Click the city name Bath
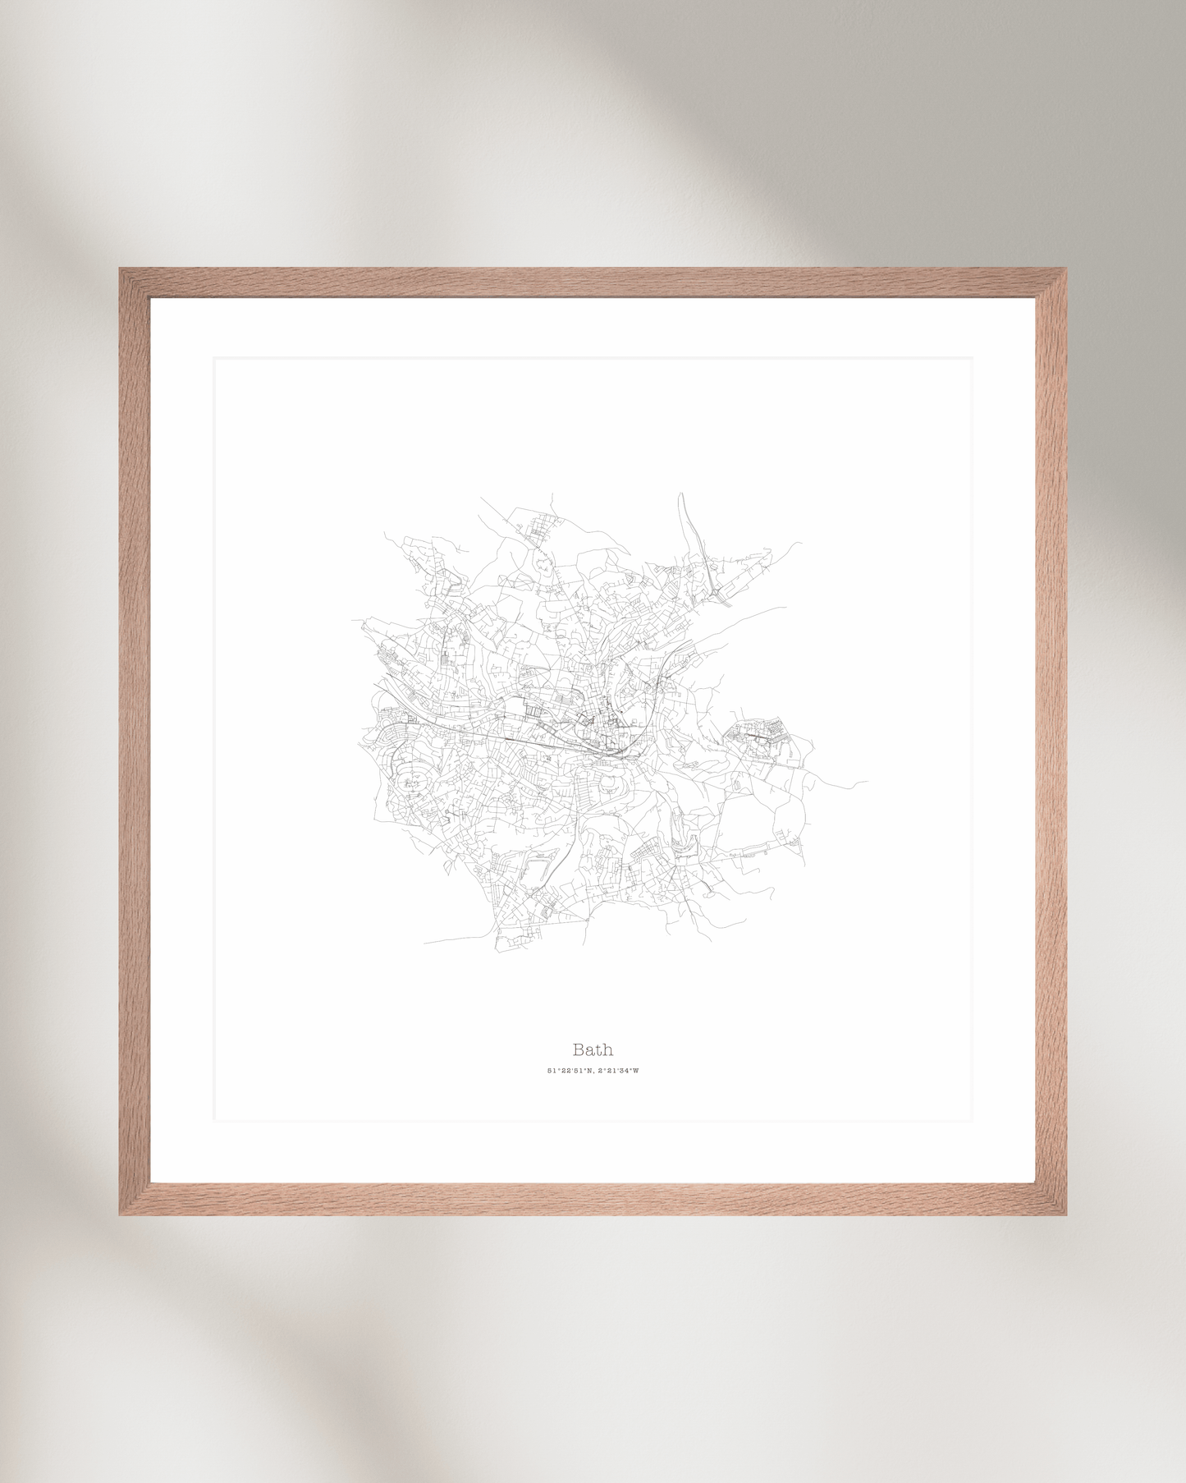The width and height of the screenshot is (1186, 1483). coord(593,1049)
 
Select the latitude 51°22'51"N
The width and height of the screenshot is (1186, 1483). coord(568,1071)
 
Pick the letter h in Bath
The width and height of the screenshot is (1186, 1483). coord(607,1049)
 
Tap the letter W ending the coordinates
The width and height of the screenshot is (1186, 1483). coord(635,1071)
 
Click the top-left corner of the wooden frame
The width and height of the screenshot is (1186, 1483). coord(121,270)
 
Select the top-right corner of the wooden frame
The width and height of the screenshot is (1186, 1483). coord(1065,270)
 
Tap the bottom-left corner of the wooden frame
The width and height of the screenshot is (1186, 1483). coord(121,1213)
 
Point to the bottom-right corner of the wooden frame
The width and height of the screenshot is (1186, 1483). coord(1065,1213)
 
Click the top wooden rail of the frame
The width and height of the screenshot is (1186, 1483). coord(593,282)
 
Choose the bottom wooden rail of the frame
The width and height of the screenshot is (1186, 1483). coord(593,1199)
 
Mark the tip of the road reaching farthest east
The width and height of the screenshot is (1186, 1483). coord(866,782)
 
